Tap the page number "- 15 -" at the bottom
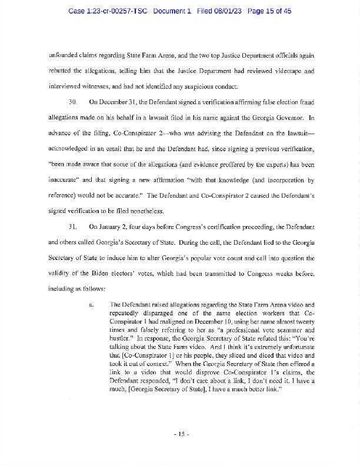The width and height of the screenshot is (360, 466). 180,435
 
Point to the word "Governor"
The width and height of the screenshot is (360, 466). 293,118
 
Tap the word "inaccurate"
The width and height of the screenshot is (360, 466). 64,180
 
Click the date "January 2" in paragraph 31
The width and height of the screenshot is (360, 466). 111,242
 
